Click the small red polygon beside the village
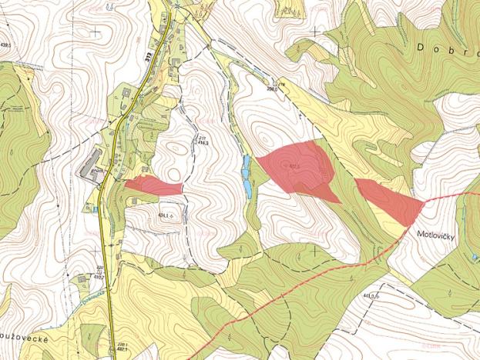coord(153,185)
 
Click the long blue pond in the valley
coord(246,175)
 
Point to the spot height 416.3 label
coord(203,141)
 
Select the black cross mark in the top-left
coord(96,32)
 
